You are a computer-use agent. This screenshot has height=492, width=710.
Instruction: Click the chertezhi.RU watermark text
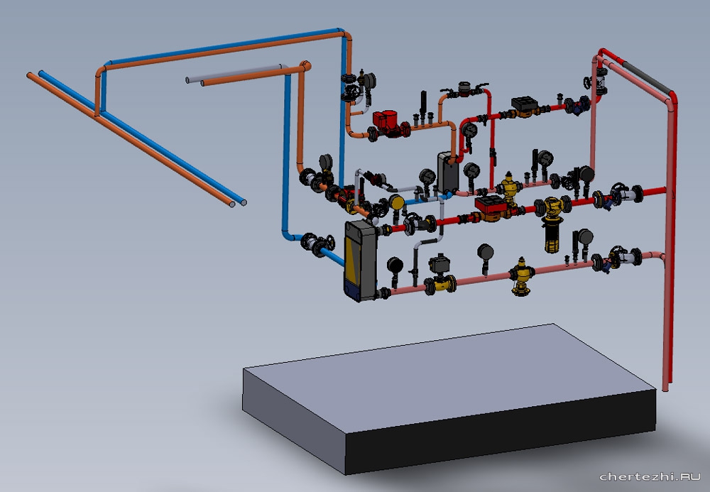pos(650,476)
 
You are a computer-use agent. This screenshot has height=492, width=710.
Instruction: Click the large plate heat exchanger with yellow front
pos(361,261)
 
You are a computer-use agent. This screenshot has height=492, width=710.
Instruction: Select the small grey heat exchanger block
pos(448,173)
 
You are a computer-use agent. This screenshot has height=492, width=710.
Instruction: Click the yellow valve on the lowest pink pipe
pos(522,276)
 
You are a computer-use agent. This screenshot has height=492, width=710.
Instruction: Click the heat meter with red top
pos(491,208)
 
